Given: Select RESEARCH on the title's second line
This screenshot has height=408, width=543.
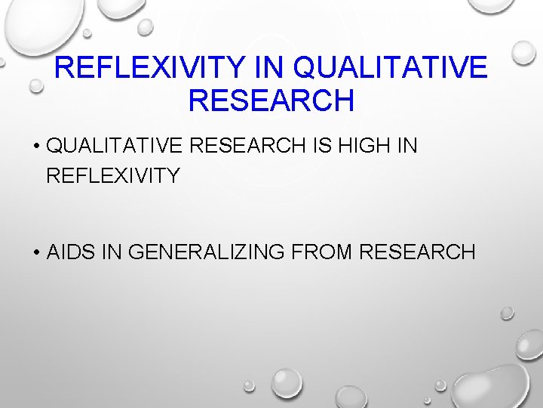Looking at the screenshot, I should pyautogui.click(x=271, y=100).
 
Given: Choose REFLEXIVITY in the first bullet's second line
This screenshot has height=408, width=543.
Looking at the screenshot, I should pyautogui.click(x=113, y=176).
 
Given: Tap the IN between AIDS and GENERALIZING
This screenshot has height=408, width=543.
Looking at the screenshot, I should pyautogui.click(x=111, y=252).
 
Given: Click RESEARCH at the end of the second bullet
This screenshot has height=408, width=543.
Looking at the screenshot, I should pyautogui.click(x=418, y=252).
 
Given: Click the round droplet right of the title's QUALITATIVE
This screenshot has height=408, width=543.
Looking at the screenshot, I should pyautogui.click(x=522, y=52).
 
